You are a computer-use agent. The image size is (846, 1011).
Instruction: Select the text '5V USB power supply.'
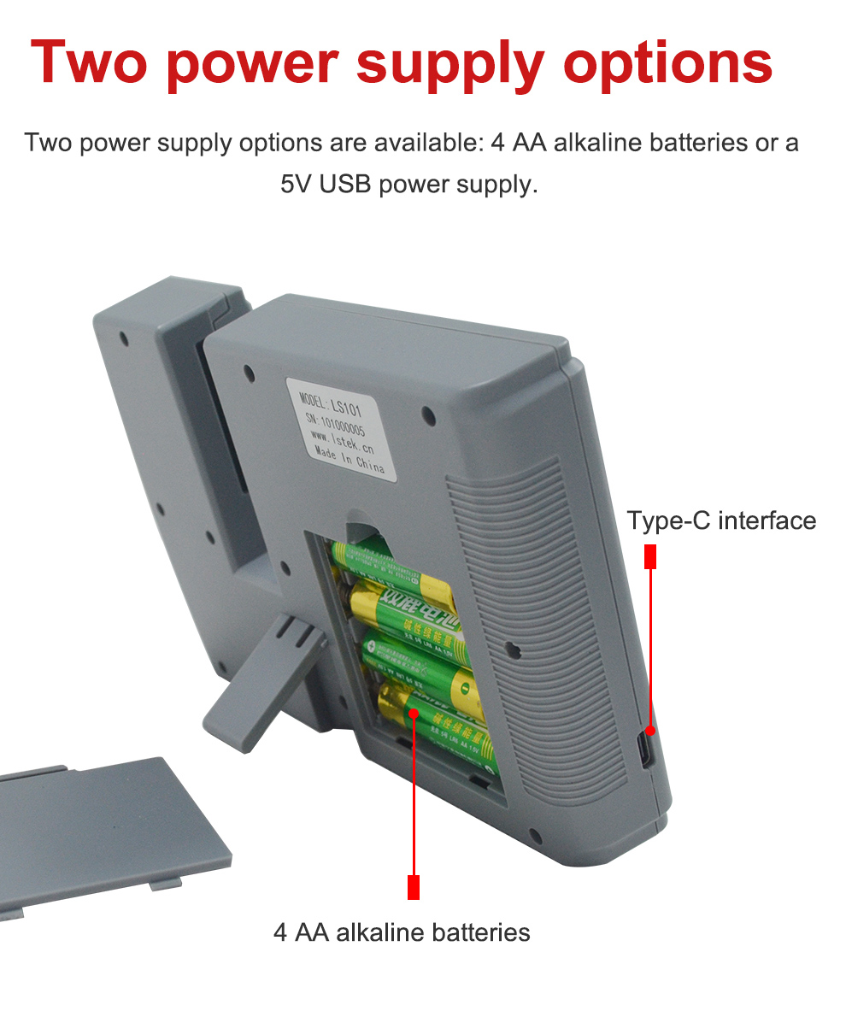(x=409, y=184)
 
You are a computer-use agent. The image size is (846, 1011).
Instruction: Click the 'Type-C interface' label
(x=721, y=520)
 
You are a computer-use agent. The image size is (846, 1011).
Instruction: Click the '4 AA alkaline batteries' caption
(x=402, y=932)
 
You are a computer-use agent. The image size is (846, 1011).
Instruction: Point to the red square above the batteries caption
(x=414, y=886)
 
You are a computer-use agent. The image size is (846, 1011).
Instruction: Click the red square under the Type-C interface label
(x=650, y=556)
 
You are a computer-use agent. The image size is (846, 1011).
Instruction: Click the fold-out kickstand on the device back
(x=265, y=675)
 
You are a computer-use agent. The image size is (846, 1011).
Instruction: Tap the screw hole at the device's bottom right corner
(x=535, y=835)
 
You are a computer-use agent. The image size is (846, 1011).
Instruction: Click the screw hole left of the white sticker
(x=249, y=373)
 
